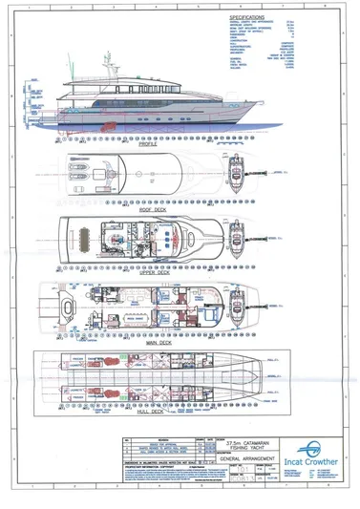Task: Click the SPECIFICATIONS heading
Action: tap(247, 17)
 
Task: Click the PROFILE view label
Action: tap(149, 144)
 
